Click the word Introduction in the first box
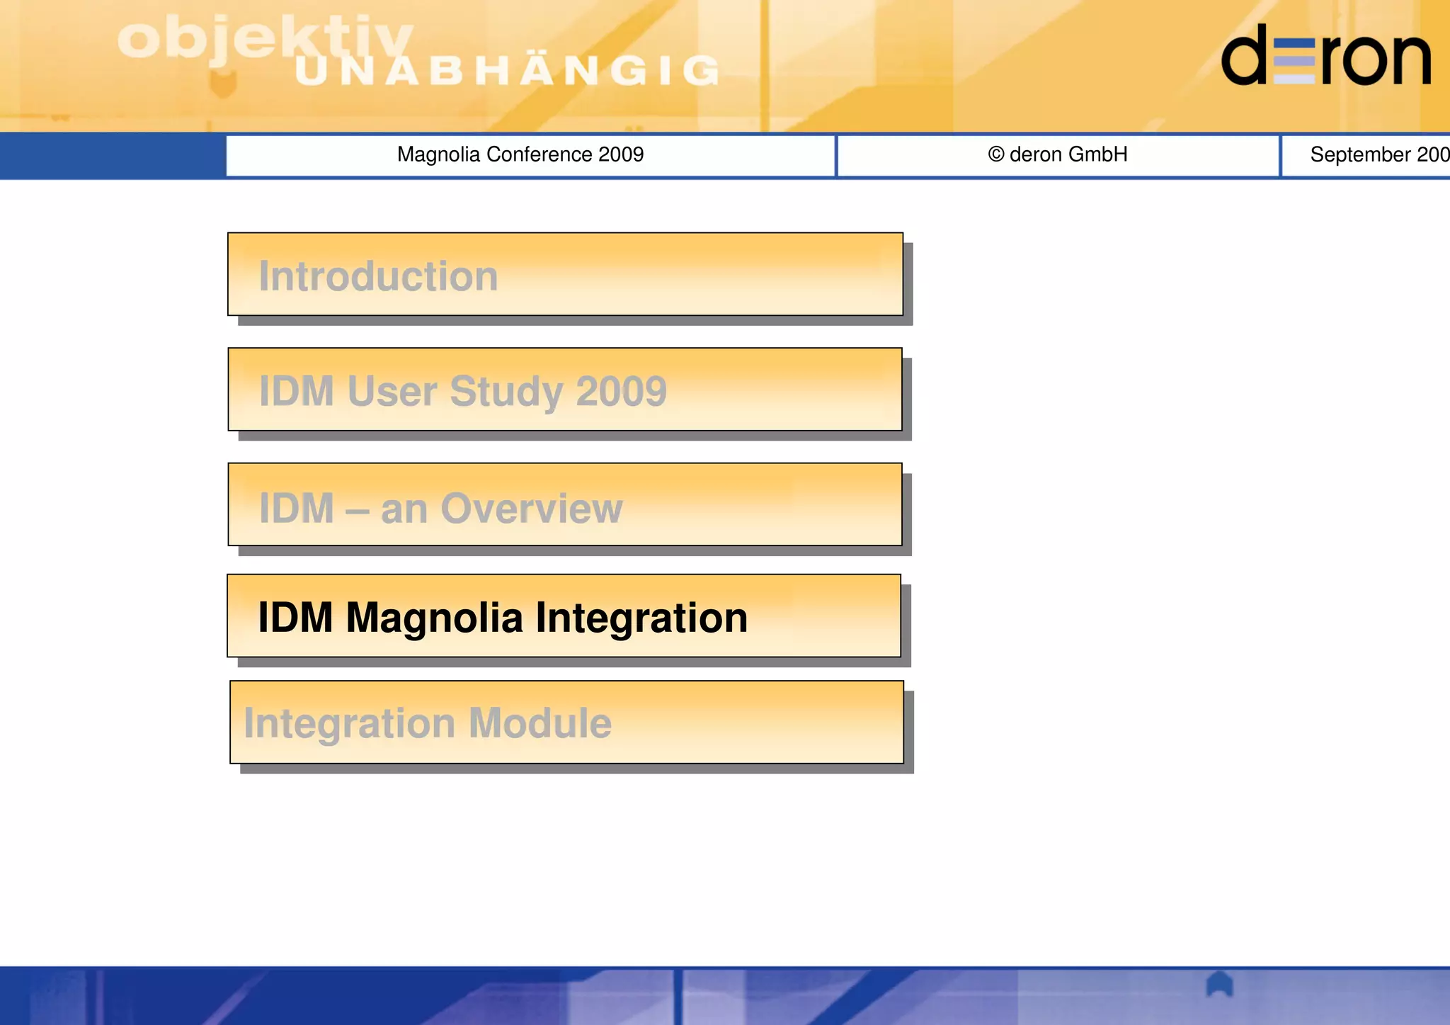point(378,276)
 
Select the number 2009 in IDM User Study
point(621,391)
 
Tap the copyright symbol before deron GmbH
point(995,154)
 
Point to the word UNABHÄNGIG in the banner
point(507,71)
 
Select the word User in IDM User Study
point(392,391)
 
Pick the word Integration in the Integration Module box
point(349,723)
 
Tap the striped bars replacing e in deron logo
point(1294,62)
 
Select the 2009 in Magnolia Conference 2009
point(621,154)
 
